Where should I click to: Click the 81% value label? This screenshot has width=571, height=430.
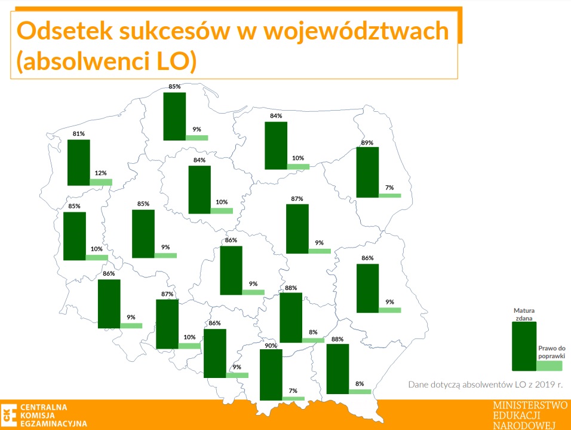[x=79, y=133]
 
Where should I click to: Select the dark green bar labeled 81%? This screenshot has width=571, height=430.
[x=79, y=163]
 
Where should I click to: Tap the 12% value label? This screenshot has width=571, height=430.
[x=101, y=173]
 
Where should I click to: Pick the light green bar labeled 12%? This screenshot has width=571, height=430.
[x=101, y=182]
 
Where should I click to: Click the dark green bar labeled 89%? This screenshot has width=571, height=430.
[x=367, y=172]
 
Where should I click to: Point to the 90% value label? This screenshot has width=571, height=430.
[x=271, y=346]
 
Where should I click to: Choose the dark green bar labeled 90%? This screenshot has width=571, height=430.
[x=271, y=375]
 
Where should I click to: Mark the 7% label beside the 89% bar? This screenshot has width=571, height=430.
[x=389, y=187]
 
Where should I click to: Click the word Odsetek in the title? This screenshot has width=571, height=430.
[x=65, y=31]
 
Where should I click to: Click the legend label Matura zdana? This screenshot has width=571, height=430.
[x=524, y=315]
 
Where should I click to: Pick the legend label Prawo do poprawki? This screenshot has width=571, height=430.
[x=552, y=352]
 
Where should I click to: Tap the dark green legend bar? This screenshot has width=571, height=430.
[x=524, y=346]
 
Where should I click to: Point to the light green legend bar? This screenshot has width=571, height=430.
[x=549, y=366]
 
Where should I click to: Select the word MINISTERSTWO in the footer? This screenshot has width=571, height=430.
[x=530, y=405]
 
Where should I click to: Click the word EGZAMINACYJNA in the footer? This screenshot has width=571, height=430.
[x=54, y=423]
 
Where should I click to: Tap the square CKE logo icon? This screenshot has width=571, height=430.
[x=9, y=415]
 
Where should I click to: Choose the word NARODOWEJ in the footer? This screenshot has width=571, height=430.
[x=524, y=425]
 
